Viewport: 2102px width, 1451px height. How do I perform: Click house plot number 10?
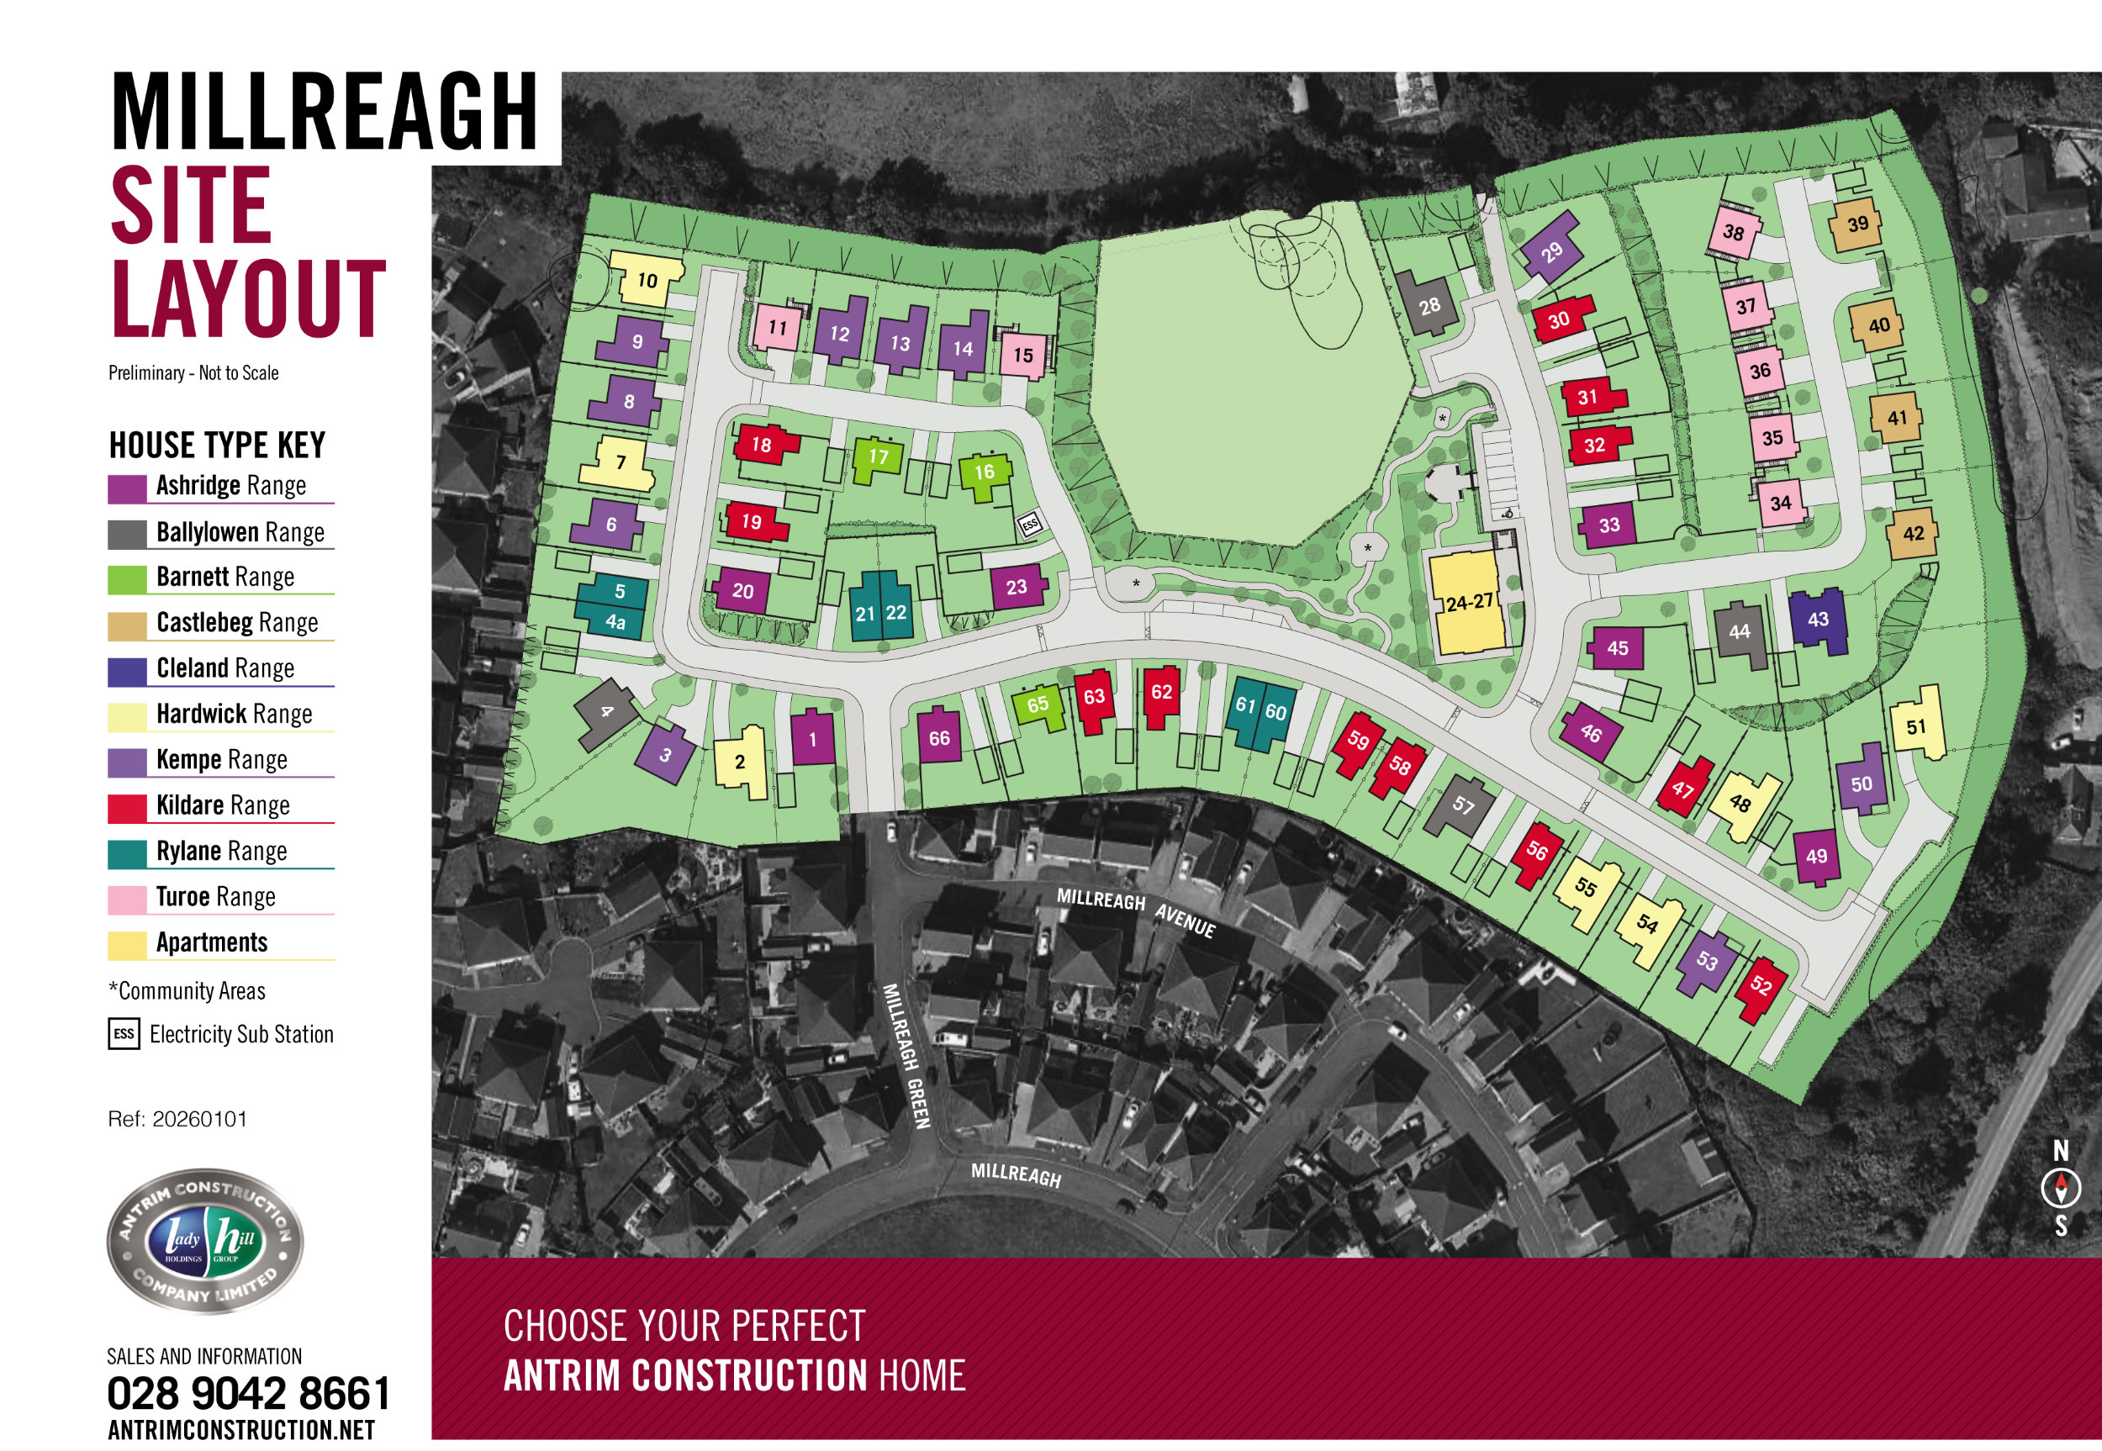coord(647,279)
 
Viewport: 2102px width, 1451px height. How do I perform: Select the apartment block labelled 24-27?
coord(1468,602)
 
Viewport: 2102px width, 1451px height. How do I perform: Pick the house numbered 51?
coord(1916,725)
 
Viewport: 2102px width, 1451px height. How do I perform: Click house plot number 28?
coord(1429,304)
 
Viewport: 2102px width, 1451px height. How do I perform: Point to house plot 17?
coord(877,457)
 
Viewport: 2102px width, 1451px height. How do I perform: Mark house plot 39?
coord(1857,224)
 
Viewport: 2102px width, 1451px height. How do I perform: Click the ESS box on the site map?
coord(1029,525)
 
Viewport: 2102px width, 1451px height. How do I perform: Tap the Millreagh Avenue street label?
coord(1136,911)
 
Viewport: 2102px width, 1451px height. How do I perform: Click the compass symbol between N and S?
coord(2060,1187)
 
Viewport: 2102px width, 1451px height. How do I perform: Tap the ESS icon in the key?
coord(124,1034)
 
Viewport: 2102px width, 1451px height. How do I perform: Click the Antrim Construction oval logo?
coord(204,1240)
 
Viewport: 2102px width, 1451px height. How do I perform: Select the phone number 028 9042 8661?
coord(248,1393)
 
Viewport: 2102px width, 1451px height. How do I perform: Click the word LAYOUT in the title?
coord(248,298)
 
